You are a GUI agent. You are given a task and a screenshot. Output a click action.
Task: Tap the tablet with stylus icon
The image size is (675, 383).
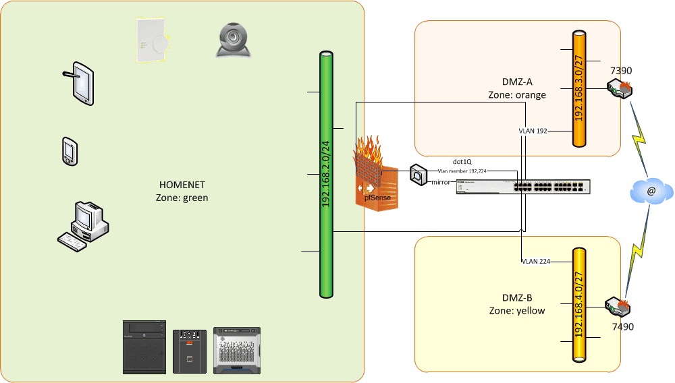pos(81,84)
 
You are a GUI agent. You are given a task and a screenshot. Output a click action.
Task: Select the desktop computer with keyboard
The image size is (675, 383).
pos(82,225)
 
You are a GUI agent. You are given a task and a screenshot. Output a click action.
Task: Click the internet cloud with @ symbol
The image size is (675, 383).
pos(651,192)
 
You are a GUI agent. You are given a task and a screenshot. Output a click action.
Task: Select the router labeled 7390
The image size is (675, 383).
pos(619,88)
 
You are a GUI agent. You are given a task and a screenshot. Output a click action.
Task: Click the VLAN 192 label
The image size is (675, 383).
pos(533,131)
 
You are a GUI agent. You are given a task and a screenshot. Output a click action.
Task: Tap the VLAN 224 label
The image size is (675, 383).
pos(537,262)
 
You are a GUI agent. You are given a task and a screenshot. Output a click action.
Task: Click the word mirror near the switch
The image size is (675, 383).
pos(441,182)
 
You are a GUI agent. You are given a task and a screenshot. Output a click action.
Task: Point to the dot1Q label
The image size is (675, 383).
pos(462,162)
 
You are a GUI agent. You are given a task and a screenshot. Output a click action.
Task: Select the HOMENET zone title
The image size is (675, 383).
pos(182,185)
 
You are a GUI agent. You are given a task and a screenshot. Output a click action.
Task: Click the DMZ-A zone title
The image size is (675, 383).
pos(516,84)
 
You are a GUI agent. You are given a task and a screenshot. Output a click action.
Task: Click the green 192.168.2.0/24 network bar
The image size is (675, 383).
pos(327,175)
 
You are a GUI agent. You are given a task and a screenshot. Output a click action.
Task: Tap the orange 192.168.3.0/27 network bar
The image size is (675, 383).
pos(579,88)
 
